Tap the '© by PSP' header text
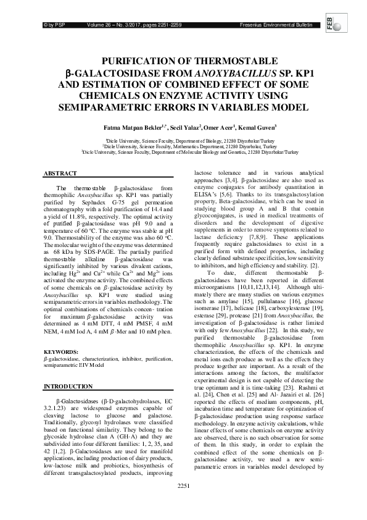52,24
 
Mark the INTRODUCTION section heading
68,387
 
